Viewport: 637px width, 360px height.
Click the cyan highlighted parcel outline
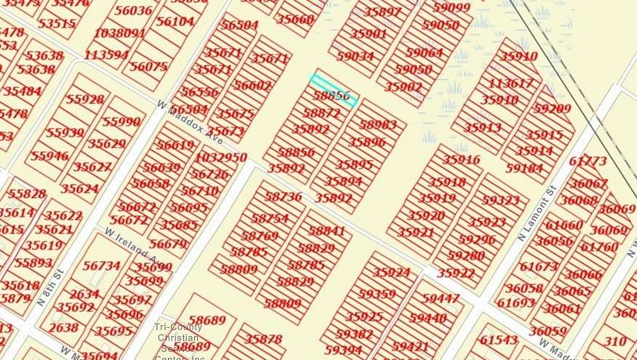click(334, 89)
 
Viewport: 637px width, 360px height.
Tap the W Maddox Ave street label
click(190, 121)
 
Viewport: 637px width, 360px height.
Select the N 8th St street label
click(50, 287)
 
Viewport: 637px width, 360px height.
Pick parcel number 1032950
click(221, 157)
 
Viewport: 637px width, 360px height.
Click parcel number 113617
click(510, 84)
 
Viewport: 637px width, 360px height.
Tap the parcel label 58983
click(377, 124)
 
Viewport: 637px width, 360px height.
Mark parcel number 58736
click(283, 196)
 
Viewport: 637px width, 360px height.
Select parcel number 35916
click(461, 160)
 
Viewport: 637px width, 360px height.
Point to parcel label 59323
click(500, 200)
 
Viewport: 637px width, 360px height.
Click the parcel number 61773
click(588, 161)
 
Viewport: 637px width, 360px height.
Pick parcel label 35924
click(391, 273)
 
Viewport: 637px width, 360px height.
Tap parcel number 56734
click(102, 266)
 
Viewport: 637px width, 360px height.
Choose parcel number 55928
click(85, 99)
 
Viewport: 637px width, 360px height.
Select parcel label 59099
click(452, 7)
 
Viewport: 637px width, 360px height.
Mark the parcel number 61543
click(499, 340)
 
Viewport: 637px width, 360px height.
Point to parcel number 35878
click(263, 339)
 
